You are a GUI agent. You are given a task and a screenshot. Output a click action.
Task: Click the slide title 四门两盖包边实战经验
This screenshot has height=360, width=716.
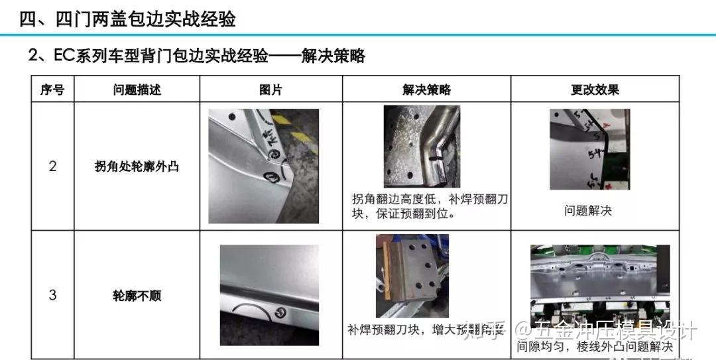click(x=127, y=19)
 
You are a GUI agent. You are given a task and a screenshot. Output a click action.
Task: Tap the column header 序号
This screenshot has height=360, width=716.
click(x=52, y=90)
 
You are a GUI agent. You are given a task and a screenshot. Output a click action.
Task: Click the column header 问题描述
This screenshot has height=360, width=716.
click(x=137, y=90)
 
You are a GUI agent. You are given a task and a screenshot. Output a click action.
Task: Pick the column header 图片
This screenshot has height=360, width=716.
click(x=270, y=90)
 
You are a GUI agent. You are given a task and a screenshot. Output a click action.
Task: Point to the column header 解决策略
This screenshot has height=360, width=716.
click(x=426, y=90)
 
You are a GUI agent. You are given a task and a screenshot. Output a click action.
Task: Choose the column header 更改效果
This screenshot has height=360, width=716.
click(x=595, y=90)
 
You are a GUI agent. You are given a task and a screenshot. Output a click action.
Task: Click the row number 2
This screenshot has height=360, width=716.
click(x=53, y=166)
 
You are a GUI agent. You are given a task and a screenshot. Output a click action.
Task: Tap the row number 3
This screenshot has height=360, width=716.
click(x=53, y=295)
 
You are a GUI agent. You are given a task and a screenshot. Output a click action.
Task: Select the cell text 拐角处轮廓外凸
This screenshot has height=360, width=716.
click(x=137, y=166)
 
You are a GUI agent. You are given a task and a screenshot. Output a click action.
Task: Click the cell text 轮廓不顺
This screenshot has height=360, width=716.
click(x=137, y=296)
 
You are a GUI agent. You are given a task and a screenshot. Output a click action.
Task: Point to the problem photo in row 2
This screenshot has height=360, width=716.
click(x=263, y=166)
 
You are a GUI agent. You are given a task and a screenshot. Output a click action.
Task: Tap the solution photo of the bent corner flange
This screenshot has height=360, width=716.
click(x=422, y=147)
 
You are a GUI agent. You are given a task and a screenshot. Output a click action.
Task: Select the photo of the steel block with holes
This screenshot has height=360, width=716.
click(x=412, y=275)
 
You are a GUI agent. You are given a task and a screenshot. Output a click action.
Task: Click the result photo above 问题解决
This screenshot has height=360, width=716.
click(x=589, y=149)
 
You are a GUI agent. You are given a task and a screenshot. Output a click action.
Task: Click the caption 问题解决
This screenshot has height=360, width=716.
click(x=588, y=211)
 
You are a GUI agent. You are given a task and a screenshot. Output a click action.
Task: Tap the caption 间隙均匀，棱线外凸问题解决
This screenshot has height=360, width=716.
click(x=595, y=347)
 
